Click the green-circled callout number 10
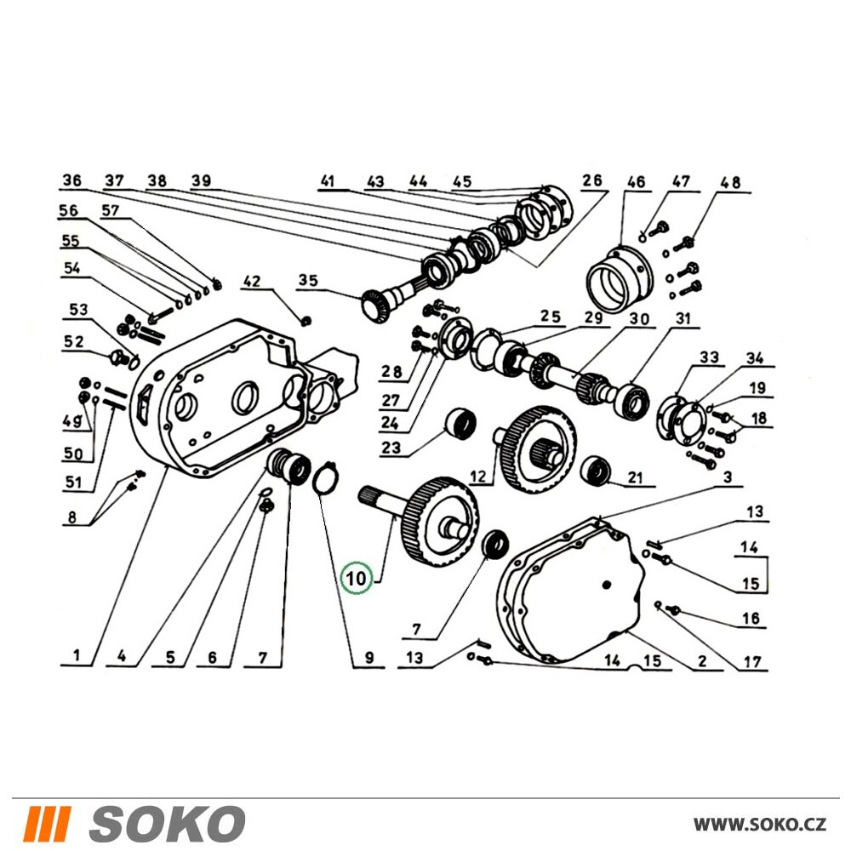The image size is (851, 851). (357, 578)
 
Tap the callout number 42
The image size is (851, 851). (252, 281)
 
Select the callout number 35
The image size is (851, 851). (308, 280)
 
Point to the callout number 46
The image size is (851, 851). (636, 181)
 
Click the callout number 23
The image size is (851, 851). (391, 448)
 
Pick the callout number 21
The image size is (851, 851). (635, 477)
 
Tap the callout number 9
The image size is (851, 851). (369, 658)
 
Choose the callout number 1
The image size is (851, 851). (77, 655)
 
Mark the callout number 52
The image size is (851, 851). (74, 341)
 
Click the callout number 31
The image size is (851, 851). (683, 318)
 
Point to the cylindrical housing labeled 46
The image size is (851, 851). (620, 281)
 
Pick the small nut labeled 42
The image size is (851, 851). (306, 321)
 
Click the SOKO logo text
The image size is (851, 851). (167, 823)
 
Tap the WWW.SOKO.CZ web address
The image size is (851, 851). (760, 825)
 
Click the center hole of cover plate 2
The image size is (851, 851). (606, 584)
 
